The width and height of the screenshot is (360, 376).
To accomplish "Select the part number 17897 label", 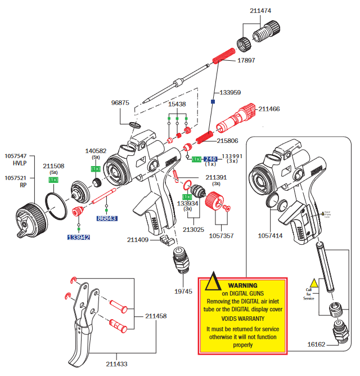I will click(246, 60).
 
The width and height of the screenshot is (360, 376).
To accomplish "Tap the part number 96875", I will click(120, 103).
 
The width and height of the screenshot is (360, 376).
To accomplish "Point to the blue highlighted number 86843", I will click(106, 218).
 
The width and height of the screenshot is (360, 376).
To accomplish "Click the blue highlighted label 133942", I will click(79, 238).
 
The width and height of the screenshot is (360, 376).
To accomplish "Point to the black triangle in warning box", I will click(212, 281).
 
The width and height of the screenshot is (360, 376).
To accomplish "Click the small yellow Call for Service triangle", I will click(314, 284).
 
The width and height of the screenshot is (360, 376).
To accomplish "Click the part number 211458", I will click(156, 316).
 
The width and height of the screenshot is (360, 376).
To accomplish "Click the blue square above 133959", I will click(213, 102).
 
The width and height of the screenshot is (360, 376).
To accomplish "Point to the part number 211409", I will click(138, 240).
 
